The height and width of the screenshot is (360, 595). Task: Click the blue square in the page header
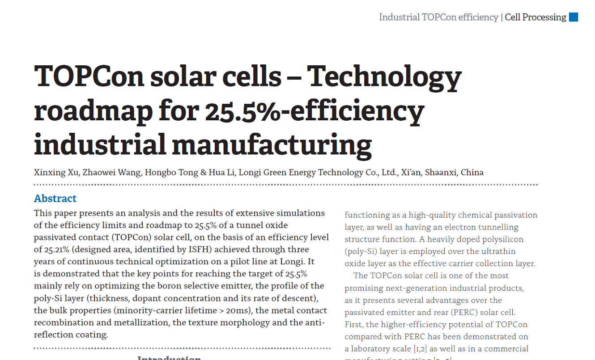574,17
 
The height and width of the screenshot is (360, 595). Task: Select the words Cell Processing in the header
535,17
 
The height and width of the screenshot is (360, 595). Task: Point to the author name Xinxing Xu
56,172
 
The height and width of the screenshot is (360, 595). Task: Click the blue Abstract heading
55,199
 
